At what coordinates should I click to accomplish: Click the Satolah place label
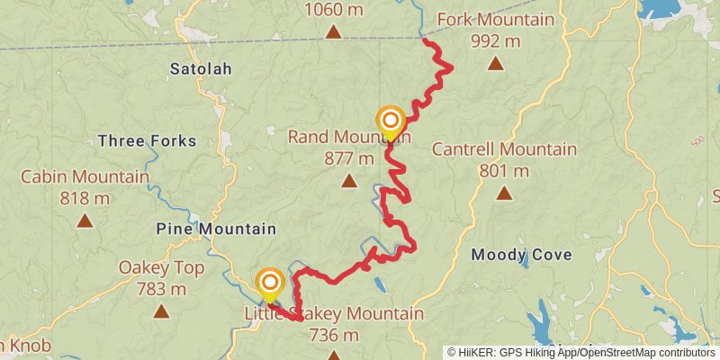tap(202, 68)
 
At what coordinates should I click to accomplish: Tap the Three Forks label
tap(147, 140)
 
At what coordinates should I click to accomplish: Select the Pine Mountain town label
tap(216, 229)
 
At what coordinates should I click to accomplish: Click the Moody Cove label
tap(522, 255)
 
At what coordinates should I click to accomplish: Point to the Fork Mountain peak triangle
tap(495, 64)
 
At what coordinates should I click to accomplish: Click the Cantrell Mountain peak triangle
tap(504, 193)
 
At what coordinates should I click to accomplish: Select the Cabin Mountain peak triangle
tap(85, 220)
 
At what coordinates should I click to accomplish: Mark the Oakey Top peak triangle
tap(161, 311)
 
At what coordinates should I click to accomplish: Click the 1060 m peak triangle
tap(334, 32)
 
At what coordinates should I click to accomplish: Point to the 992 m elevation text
tap(495, 40)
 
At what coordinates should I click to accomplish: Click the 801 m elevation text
tap(504, 170)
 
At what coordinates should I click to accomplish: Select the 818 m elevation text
tap(85, 198)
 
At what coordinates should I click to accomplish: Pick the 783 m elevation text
tap(161, 289)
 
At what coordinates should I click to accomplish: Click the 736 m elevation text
tap(333, 335)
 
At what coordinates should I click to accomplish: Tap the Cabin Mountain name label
tap(85, 177)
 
